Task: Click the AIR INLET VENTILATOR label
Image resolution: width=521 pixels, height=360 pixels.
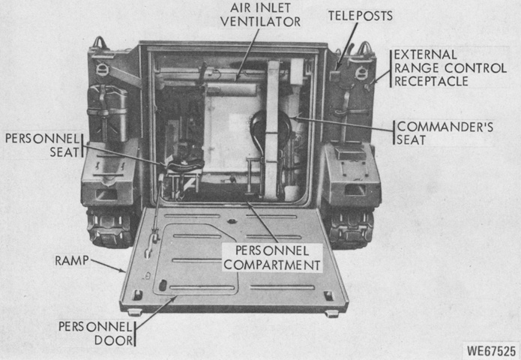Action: pos(261,15)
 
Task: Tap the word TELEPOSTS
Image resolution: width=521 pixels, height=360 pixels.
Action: pos(361,16)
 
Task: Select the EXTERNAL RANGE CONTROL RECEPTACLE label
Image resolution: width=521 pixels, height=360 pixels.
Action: pos(451,68)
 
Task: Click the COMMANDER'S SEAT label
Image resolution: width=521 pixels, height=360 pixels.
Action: pos(445,133)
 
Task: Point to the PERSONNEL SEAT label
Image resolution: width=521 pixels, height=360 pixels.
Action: pos(43,145)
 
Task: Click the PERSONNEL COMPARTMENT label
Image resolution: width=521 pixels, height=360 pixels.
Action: pos(272,258)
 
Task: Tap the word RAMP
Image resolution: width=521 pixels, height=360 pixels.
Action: pos(72,260)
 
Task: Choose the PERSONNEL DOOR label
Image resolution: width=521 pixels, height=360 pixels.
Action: pos(96,334)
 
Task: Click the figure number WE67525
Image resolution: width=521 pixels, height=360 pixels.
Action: pos(492,351)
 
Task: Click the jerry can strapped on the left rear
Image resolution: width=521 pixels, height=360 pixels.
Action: pos(107,113)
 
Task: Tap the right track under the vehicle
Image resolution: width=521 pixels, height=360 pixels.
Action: pos(351,229)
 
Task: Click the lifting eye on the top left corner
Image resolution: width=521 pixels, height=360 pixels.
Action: pos(100,43)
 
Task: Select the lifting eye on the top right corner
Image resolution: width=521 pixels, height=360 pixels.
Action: pos(364,48)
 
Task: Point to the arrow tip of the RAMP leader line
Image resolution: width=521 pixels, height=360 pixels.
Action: pos(126,272)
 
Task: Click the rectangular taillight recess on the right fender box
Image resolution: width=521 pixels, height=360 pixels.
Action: pos(355,190)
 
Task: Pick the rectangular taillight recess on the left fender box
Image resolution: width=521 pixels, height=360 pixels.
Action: pos(106,194)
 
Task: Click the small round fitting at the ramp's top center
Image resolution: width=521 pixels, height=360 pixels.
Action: pos(232,221)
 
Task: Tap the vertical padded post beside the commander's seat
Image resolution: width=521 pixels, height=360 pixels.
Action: pos(272,130)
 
